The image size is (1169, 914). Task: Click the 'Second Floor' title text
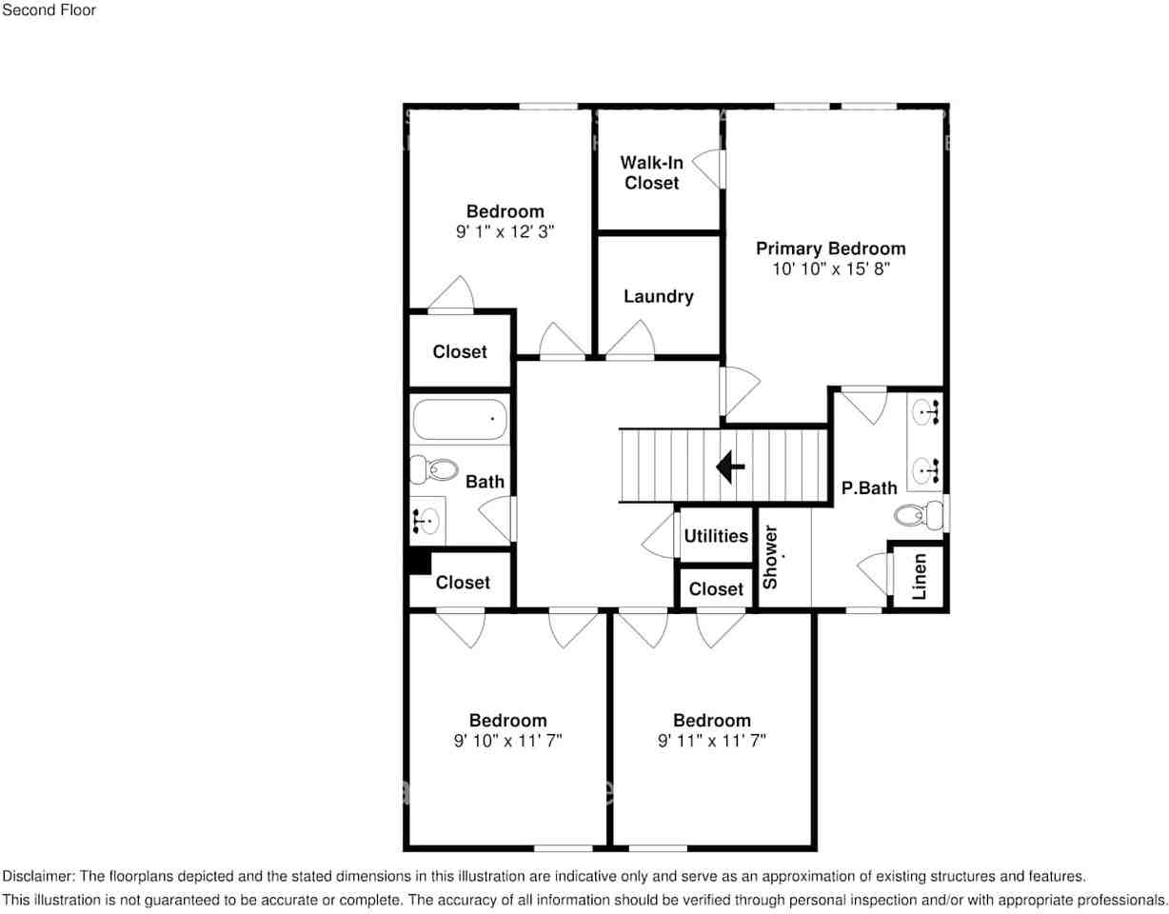(x=49, y=10)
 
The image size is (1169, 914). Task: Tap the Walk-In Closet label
(x=652, y=172)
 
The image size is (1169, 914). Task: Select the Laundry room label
(x=658, y=296)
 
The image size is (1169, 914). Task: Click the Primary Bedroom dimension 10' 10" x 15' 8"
(x=830, y=269)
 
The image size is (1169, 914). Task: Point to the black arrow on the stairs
(x=730, y=467)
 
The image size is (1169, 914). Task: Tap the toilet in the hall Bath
(x=434, y=468)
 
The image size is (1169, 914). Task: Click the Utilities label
(x=716, y=536)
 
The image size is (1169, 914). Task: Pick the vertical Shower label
(x=771, y=556)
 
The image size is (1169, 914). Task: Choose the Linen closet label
(x=919, y=576)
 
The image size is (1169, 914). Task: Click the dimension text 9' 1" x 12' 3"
(x=505, y=231)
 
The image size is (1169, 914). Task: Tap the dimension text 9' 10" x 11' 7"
(x=507, y=741)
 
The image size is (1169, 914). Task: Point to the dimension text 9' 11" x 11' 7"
(x=711, y=741)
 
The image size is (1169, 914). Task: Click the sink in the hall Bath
(x=427, y=519)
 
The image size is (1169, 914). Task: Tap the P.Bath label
(x=869, y=487)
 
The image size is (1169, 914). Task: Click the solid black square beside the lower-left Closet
(x=419, y=562)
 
